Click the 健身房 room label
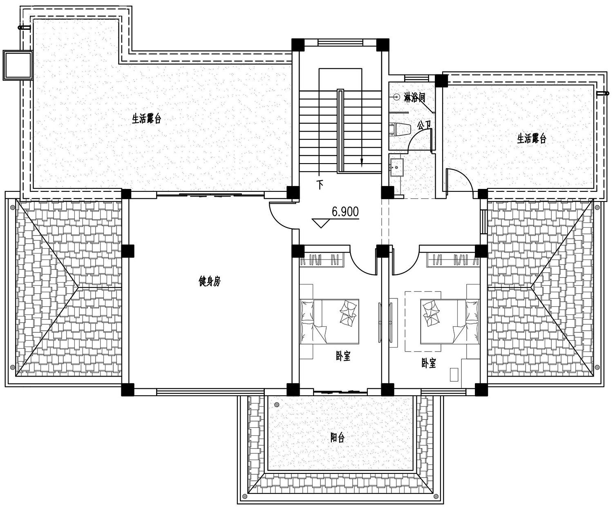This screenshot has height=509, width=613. [x=209, y=281]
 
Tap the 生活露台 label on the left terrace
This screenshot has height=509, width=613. [x=146, y=119]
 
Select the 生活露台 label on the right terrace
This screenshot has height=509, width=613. [x=532, y=139]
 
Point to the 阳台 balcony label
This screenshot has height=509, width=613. [x=337, y=438]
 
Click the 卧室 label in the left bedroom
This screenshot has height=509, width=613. [x=343, y=356]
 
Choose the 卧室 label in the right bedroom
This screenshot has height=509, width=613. [x=428, y=363]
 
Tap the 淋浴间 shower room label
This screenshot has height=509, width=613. [x=414, y=98]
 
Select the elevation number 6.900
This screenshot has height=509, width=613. [x=345, y=212]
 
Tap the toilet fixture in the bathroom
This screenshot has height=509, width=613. [x=400, y=129]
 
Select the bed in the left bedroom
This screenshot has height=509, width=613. [x=329, y=321]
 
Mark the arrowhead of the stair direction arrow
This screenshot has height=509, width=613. [x=361, y=164]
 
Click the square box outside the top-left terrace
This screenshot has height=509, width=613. [x=18, y=65]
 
